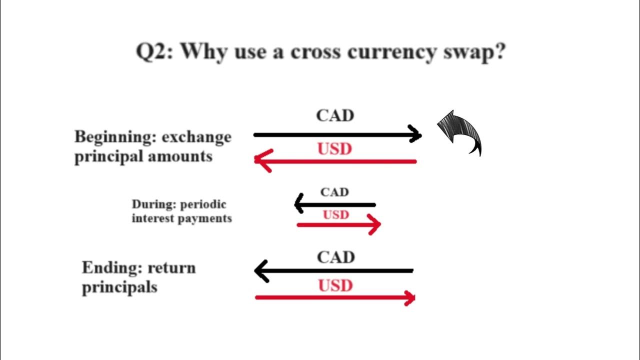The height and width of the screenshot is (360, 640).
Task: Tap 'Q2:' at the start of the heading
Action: point(154,51)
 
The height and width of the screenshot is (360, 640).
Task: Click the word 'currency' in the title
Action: point(389,52)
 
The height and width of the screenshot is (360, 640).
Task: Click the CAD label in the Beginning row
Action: point(335,116)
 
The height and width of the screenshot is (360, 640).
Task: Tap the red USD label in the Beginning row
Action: point(335,149)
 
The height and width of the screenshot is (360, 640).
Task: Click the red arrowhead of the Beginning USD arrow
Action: point(262,160)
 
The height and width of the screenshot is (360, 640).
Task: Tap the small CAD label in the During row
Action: point(334,192)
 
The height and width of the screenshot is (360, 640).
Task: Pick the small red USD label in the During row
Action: point(335,215)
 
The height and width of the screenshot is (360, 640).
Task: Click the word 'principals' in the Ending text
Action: point(119,287)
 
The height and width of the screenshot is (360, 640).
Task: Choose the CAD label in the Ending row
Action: point(335,257)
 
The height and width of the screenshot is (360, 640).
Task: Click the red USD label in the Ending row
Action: point(335,285)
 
